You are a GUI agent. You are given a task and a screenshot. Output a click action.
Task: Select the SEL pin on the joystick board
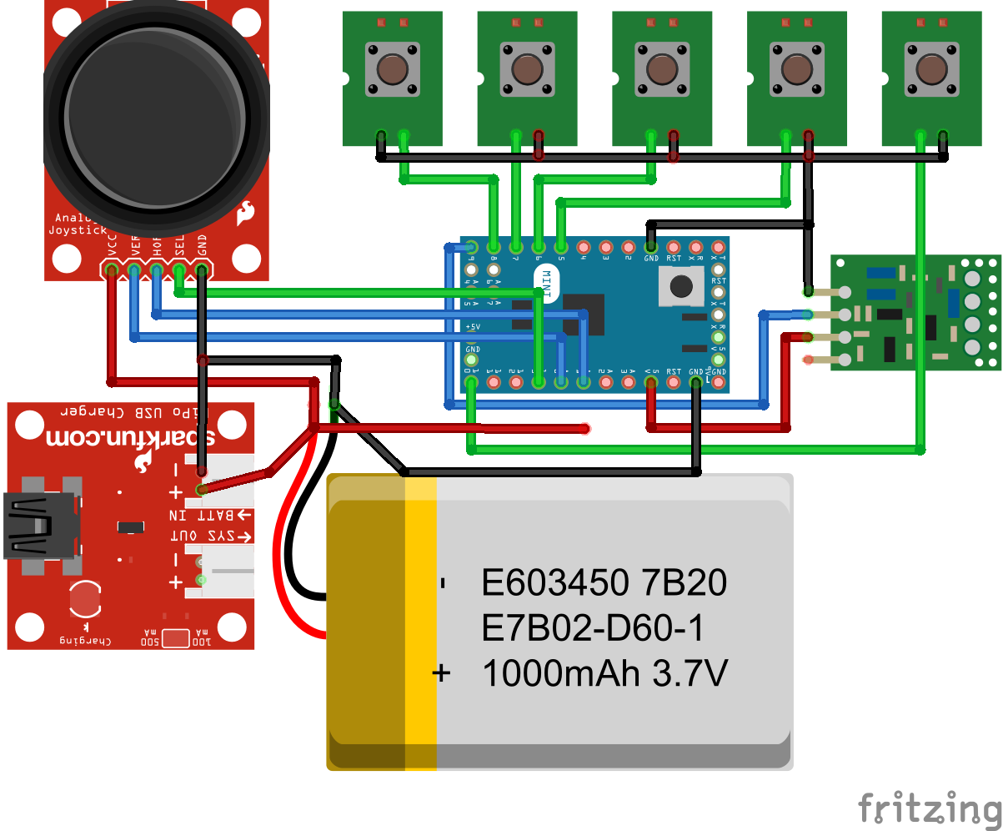point(178,269)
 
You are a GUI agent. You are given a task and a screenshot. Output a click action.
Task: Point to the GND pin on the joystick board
point(201,269)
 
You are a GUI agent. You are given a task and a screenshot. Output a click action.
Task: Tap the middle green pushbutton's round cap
point(661,69)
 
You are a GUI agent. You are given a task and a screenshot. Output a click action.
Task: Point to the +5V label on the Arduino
point(473,326)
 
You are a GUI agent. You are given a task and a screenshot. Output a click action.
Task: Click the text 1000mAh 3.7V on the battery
point(604,672)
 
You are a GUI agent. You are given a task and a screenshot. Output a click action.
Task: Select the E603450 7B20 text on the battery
point(604,583)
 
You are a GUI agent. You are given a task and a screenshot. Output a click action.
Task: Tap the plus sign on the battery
point(442,672)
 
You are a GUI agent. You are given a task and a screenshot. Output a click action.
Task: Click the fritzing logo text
point(930,808)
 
